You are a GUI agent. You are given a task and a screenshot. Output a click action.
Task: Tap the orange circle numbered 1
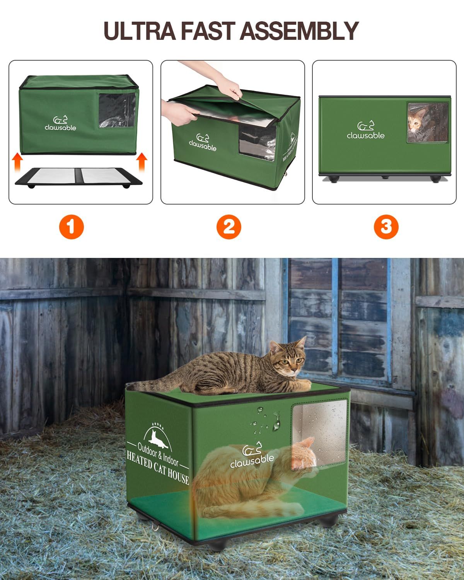[72, 227]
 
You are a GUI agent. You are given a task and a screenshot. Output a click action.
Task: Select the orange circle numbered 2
[229, 227]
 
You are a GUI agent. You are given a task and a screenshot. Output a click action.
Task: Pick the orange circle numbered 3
[386, 227]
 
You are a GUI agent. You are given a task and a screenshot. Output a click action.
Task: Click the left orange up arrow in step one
[17, 162]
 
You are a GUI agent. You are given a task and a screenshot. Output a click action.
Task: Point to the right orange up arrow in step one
[142, 162]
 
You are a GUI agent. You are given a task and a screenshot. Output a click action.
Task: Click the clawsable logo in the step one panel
[60, 123]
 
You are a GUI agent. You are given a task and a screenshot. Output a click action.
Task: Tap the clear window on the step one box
[117, 110]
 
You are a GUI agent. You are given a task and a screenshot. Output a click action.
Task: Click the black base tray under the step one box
[78, 177]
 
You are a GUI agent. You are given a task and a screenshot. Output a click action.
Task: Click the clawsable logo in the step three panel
[365, 130]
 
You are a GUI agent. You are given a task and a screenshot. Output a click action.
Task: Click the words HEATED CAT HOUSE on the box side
[158, 468]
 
